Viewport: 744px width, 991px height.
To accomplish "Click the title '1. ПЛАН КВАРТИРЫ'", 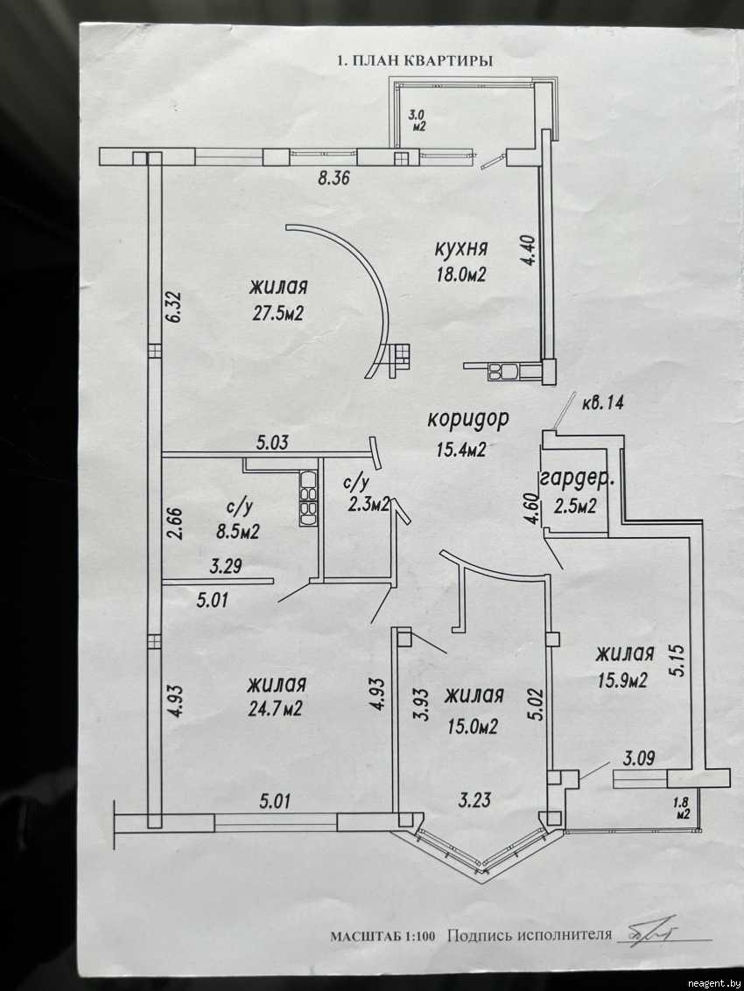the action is pyautogui.click(x=414, y=61).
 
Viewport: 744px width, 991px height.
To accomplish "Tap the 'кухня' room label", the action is pyautogui.click(x=460, y=248).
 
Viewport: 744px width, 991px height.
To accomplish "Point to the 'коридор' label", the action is pyautogui.click(x=468, y=419).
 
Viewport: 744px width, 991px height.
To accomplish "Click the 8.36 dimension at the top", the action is pyautogui.click(x=333, y=180).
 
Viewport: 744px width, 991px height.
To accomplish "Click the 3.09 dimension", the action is pyautogui.click(x=640, y=754).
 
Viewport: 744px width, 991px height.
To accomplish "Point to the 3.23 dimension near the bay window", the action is pyautogui.click(x=478, y=798).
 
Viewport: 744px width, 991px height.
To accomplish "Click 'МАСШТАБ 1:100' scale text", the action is pyautogui.click(x=382, y=935).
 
